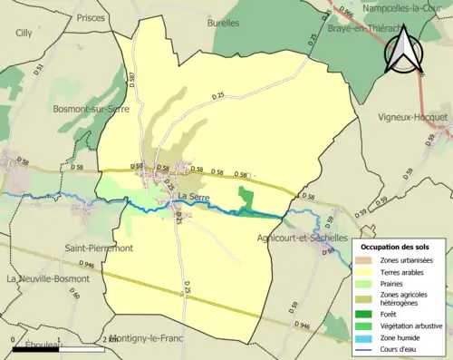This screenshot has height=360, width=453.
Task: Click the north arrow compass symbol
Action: pos(404,50)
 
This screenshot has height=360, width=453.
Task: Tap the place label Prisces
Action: pos(92,17)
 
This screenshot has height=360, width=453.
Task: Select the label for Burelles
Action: pos(223,22)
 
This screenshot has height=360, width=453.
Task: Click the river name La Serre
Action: pos(192,198)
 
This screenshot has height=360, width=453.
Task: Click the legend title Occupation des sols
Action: pos(395,246)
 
